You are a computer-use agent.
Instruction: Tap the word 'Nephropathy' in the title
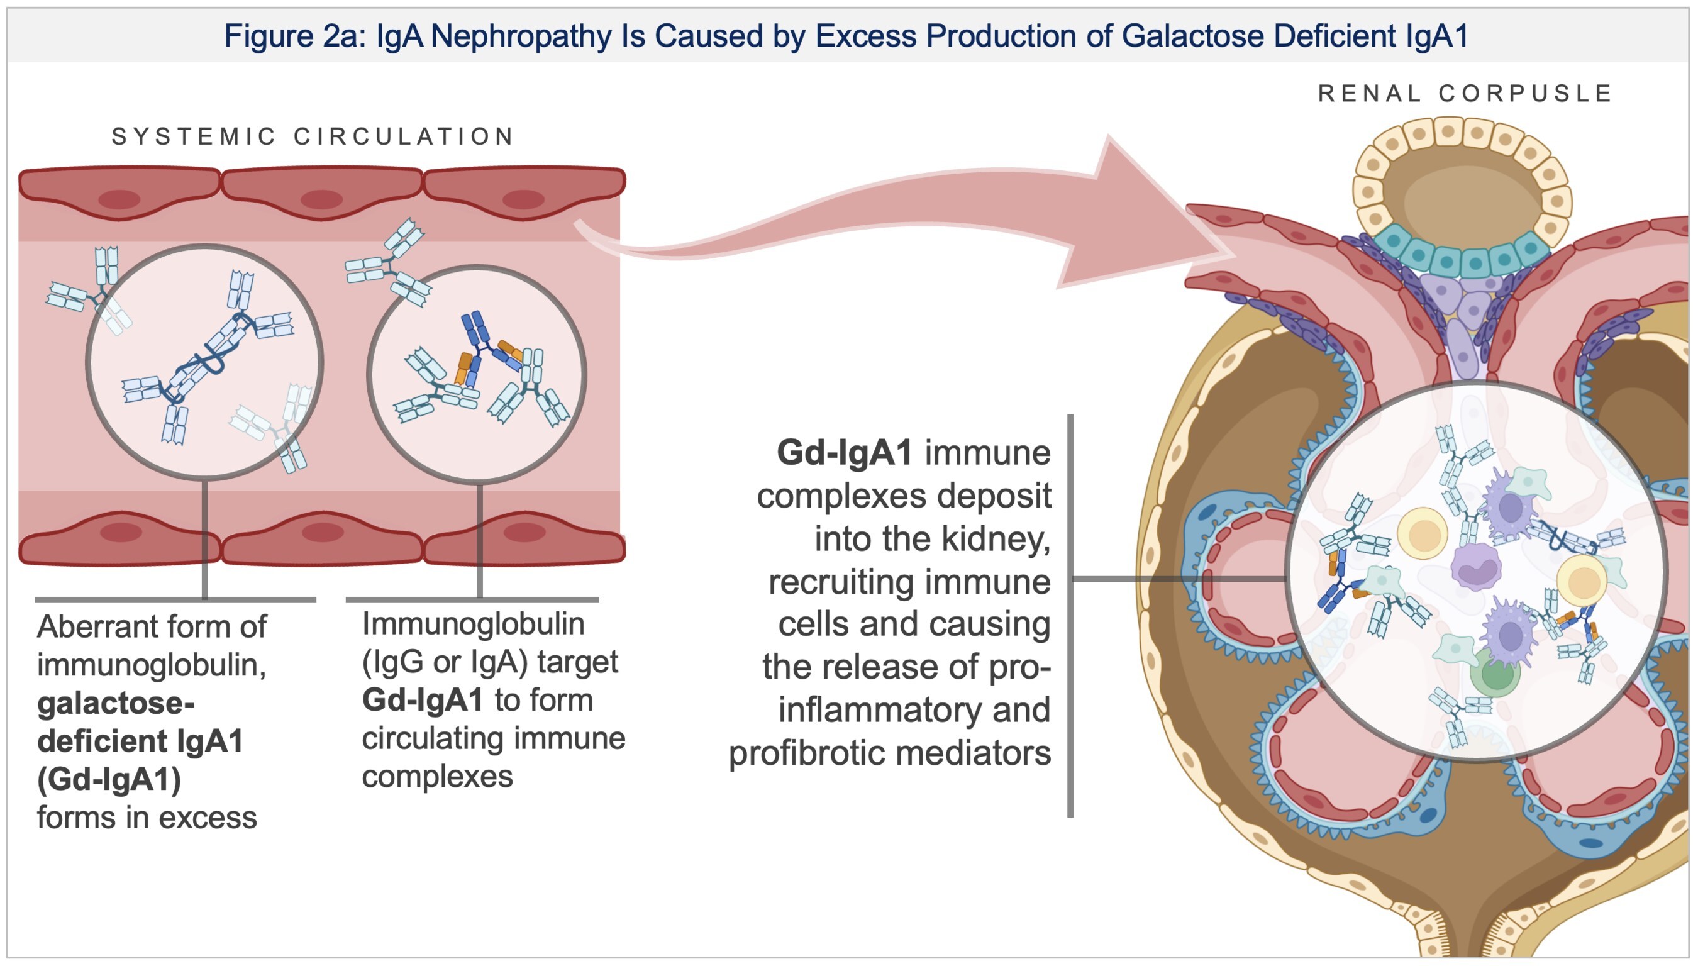tap(521, 36)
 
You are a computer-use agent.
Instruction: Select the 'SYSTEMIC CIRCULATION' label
tap(313, 136)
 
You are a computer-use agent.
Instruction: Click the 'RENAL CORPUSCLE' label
tap(1465, 94)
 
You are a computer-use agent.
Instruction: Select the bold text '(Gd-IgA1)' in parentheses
tap(109, 780)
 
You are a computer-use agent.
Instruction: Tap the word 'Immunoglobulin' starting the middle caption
tap(473, 624)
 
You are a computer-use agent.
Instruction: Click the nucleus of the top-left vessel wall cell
tap(119, 199)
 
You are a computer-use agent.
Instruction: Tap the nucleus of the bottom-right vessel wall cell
tap(524, 532)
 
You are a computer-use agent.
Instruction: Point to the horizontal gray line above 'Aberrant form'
tap(175, 600)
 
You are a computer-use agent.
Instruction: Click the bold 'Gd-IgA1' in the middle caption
tap(422, 701)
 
